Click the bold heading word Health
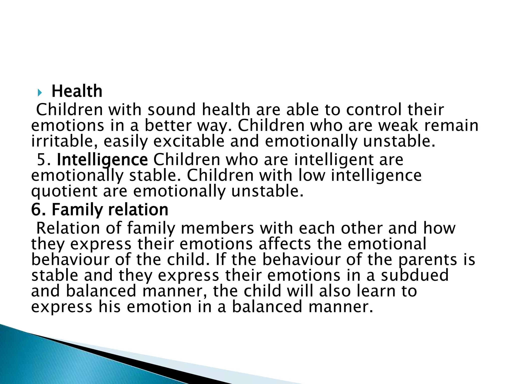77,91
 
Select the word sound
172,110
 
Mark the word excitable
189,141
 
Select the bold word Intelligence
102,160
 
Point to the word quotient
64,191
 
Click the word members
217,228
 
